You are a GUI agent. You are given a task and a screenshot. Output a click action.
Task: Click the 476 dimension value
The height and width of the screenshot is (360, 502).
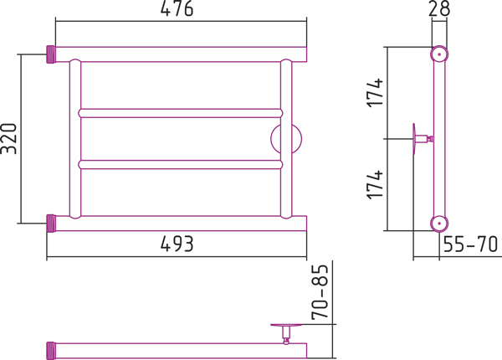(x=177, y=11)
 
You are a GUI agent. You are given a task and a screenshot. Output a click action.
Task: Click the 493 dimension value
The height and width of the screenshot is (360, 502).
(x=177, y=244)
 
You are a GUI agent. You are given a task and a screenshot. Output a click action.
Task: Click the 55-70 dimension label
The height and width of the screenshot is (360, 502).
(x=470, y=244)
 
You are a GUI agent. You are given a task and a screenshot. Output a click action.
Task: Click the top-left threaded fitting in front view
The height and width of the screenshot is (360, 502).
(x=50, y=54)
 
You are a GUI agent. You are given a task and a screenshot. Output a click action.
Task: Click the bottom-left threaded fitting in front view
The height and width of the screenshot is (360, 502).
(x=50, y=223)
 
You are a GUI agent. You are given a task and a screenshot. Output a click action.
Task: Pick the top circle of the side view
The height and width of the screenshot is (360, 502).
(x=437, y=54)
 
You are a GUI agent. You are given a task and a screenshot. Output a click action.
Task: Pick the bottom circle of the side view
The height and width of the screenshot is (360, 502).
(x=437, y=223)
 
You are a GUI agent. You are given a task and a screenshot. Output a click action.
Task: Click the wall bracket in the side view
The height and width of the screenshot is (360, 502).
(x=418, y=138)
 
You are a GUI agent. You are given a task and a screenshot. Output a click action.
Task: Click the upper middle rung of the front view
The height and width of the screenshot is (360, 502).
(x=180, y=112)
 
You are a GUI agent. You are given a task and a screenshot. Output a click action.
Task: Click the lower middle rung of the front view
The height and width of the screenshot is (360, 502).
(x=180, y=164)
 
